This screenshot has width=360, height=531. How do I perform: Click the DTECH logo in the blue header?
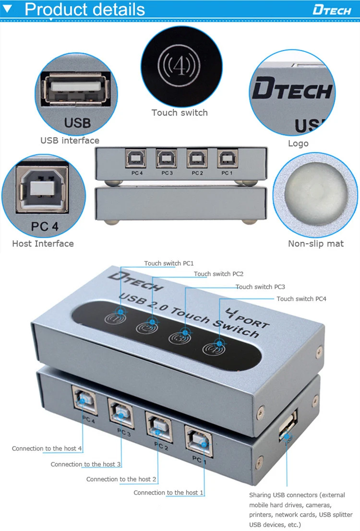(331, 10)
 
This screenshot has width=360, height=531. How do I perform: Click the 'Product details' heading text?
(84, 9)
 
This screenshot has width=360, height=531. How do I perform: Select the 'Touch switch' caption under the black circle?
(180, 113)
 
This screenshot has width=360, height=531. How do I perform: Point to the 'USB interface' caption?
(70, 141)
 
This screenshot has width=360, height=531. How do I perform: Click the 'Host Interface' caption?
(43, 244)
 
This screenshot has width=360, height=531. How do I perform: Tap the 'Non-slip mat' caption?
(315, 244)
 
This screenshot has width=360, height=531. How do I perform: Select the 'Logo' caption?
(298, 143)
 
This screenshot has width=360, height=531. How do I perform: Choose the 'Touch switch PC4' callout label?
(301, 299)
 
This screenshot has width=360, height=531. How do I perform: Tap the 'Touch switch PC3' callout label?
(260, 287)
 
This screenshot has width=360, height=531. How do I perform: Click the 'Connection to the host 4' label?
(47, 448)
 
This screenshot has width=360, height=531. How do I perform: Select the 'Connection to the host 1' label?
(168, 493)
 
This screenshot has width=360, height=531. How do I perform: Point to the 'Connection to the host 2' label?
(121, 479)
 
